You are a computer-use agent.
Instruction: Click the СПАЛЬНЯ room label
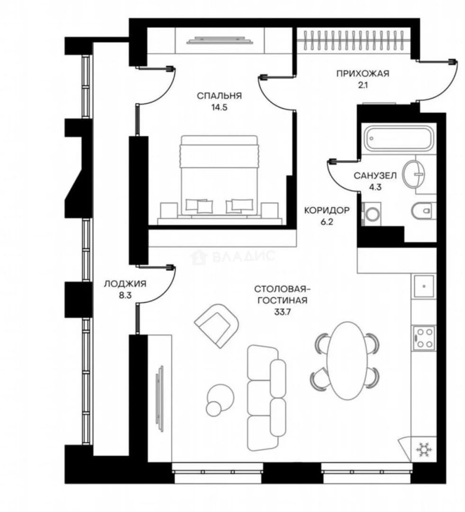(219, 96)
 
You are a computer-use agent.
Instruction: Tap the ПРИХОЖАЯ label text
(363, 73)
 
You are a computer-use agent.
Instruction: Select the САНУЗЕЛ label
(375, 176)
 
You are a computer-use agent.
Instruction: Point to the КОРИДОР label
(327, 210)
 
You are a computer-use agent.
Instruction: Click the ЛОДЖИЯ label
(125, 284)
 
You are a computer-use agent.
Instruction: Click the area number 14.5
(219, 108)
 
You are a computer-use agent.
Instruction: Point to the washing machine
(372, 214)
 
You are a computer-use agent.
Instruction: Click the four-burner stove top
(424, 338)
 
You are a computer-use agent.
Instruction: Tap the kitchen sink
(424, 286)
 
